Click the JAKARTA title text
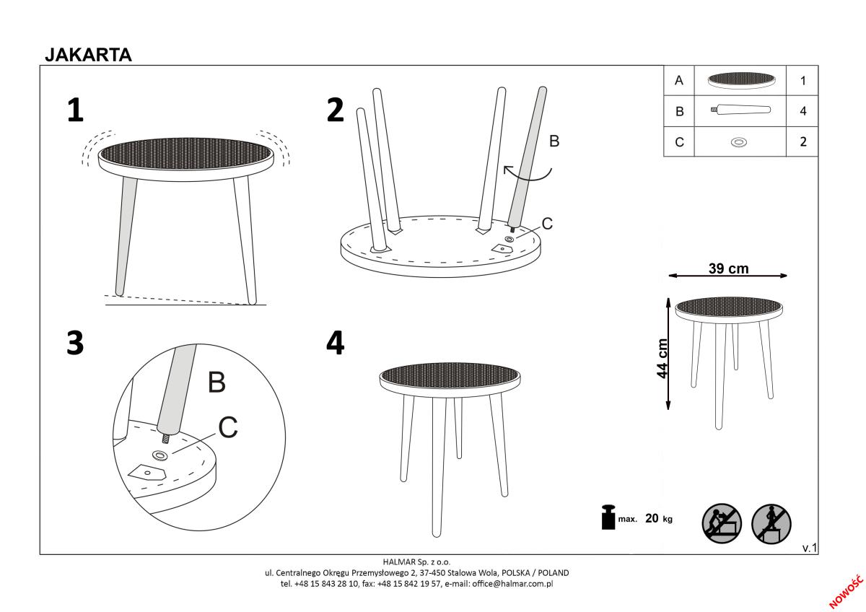[88, 55]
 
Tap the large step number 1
[75, 110]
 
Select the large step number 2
[335, 110]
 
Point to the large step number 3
[75, 343]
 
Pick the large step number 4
[335, 343]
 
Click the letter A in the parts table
[679, 80]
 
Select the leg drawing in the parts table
[740, 110]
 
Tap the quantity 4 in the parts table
[803, 111]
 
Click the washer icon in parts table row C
[739, 142]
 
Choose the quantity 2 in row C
[803, 142]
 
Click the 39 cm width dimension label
[729, 268]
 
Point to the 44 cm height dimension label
[662, 359]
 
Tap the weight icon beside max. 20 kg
[608, 517]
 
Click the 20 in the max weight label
[652, 518]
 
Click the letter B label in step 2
[554, 141]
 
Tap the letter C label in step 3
[228, 427]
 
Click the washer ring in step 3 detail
[159, 455]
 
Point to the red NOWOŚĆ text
[846, 592]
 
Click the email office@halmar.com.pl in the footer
[512, 584]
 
